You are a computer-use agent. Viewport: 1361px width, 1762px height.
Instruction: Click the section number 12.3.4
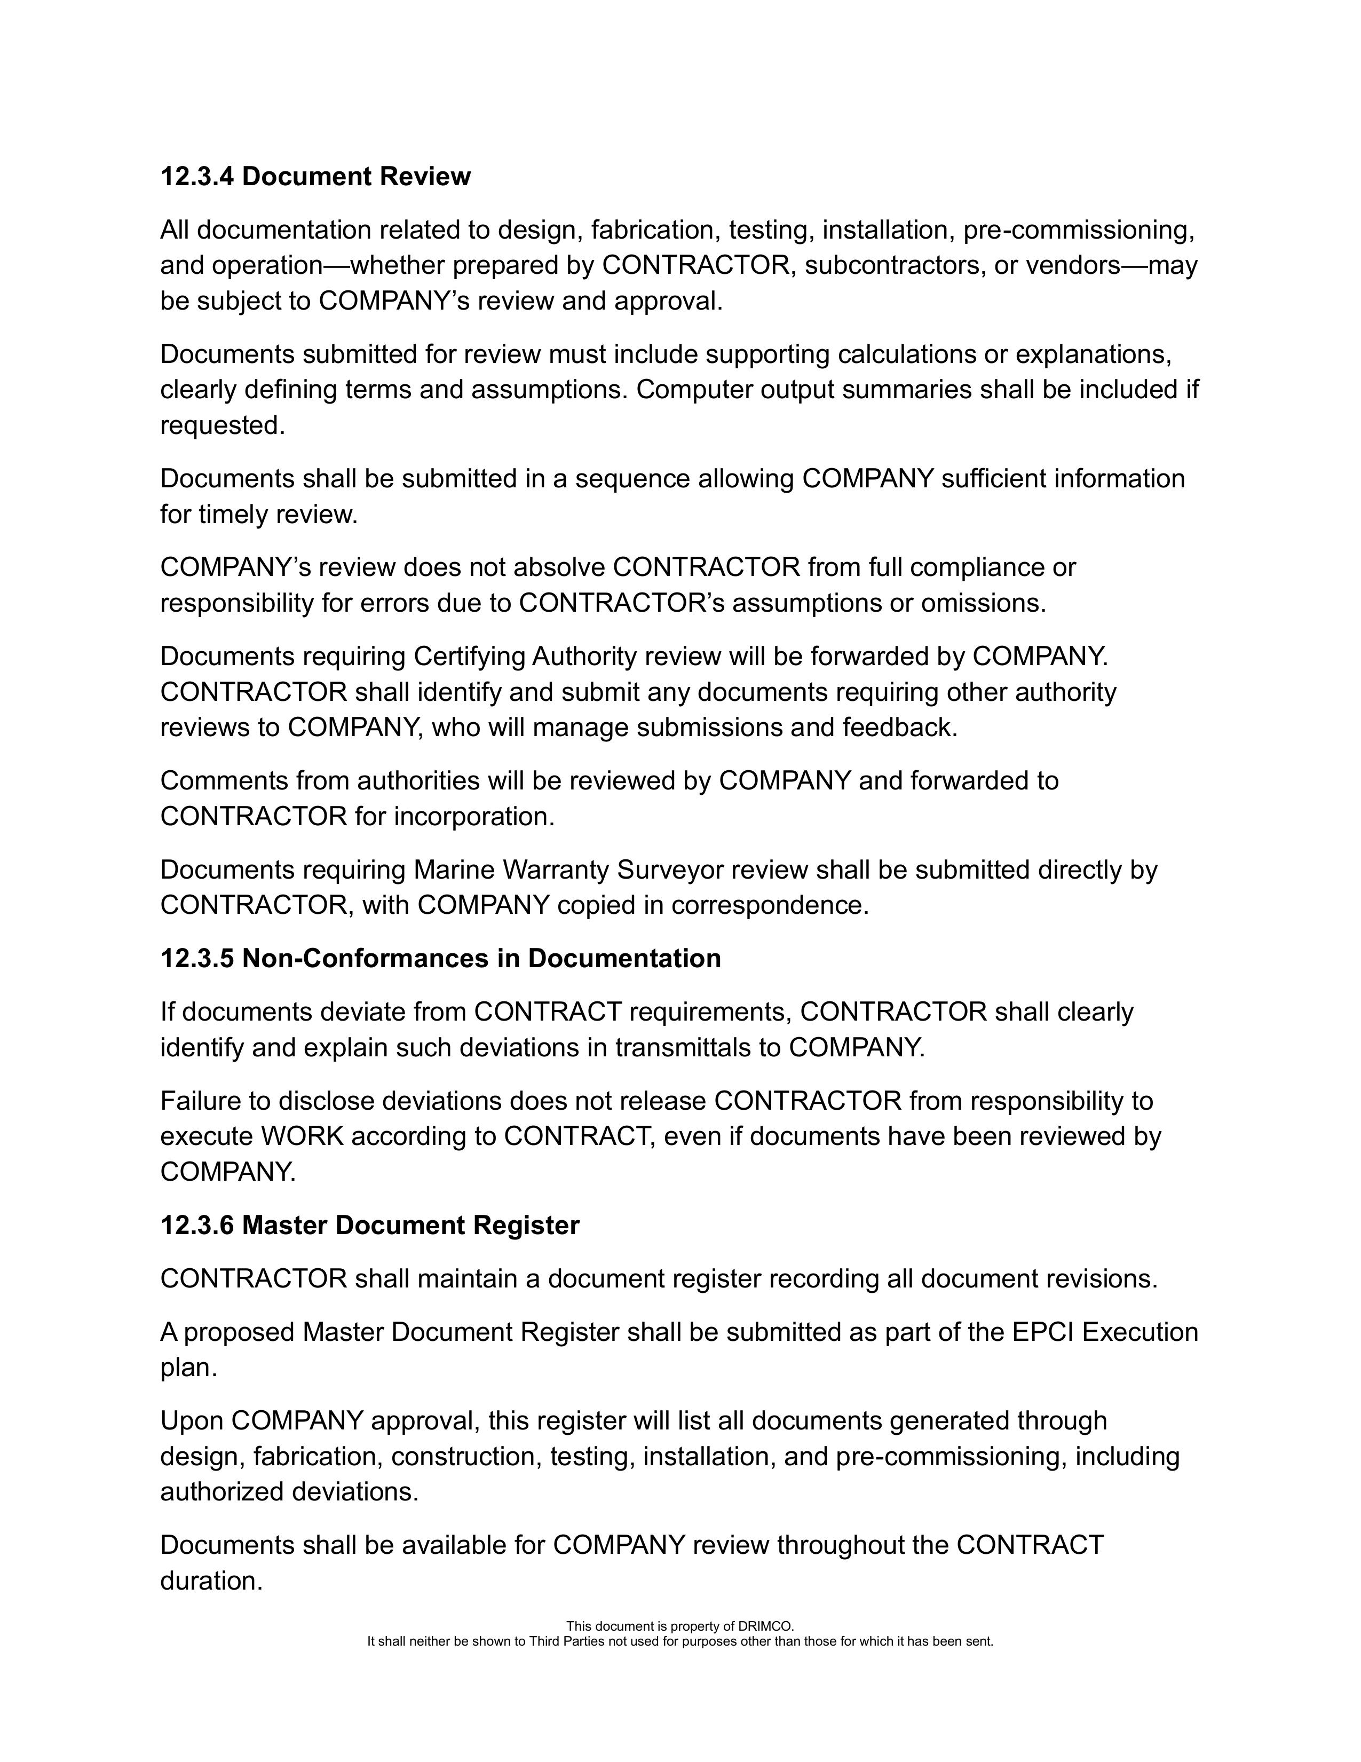[x=197, y=177]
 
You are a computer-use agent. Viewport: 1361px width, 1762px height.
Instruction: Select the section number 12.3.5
[x=197, y=959]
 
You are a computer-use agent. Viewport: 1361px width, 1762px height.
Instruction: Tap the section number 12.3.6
[x=197, y=1226]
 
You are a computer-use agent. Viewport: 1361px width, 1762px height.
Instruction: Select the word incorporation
[x=473, y=817]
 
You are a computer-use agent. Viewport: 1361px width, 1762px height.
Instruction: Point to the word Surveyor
[x=671, y=870]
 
